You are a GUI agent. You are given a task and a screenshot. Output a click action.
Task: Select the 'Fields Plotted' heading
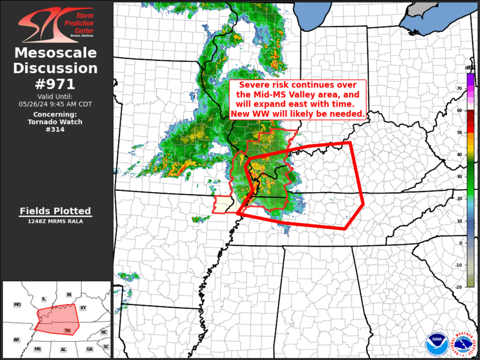(x=55, y=211)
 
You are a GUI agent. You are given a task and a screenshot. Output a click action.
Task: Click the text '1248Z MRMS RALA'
(x=55, y=222)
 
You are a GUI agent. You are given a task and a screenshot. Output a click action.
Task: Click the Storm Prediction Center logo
(x=55, y=24)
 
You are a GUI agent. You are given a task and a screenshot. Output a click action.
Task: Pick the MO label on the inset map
(x=18, y=305)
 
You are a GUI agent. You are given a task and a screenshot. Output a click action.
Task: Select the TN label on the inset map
(x=68, y=331)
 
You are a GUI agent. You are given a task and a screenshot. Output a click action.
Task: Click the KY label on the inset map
(x=83, y=308)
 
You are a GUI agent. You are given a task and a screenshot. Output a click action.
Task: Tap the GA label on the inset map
(x=89, y=349)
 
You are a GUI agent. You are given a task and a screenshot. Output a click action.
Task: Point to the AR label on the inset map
(x=16, y=340)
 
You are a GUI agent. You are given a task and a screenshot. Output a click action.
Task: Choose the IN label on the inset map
(x=68, y=294)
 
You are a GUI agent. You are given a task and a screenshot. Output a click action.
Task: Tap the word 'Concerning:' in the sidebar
(x=55, y=114)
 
